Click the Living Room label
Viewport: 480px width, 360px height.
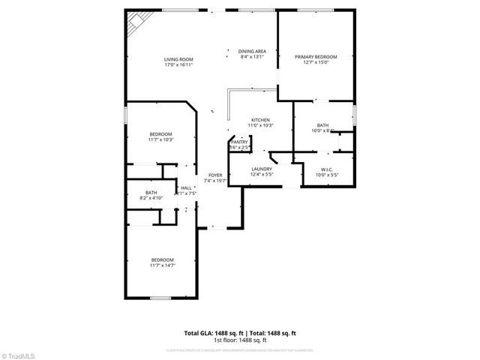click(179, 59)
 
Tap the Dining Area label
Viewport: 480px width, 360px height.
click(253, 52)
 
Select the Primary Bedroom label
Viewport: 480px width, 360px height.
click(315, 56)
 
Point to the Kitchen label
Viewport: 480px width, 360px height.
click(260, 119)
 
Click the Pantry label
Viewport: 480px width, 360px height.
click(239, 142)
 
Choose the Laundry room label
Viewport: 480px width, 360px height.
click(261, 169)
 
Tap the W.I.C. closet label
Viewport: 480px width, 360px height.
click(326, 169)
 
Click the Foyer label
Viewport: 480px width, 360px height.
click(215, 175)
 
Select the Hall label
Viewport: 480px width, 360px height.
click(186, 187)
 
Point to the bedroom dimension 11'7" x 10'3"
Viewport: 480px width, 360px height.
click(160, 139)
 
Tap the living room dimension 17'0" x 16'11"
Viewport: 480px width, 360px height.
click(179, 65)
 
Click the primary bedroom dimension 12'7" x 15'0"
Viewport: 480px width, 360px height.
click(315, 62)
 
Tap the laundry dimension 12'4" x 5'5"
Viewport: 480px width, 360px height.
click(261, 175)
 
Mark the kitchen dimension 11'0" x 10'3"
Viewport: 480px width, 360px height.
click(260, 125)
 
